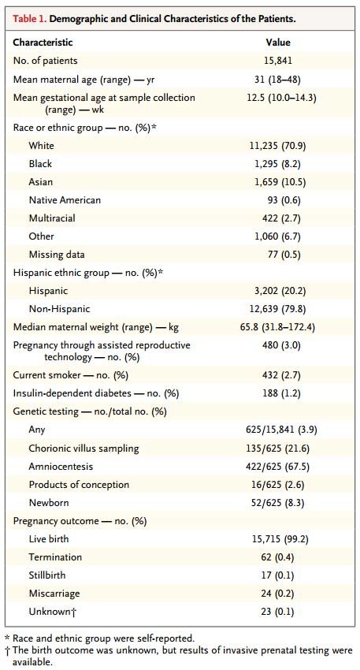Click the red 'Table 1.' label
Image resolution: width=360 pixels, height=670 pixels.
click(x=30, y=19)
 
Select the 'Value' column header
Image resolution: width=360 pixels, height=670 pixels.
click(x=278, y=43)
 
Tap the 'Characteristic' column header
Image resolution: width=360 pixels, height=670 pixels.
click(x=43, y=43)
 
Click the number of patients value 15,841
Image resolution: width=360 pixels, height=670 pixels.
click(x=278, y=60)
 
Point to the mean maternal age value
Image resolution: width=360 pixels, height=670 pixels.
click(x=278, y=79)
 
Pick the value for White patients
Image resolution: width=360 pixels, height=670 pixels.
click(x=278, y=146)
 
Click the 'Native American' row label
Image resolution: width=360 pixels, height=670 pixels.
click(x=65, y=200)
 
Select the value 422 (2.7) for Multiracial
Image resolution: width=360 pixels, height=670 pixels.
click(x=281, y=218)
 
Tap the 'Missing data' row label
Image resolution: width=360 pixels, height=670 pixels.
click(x=57, y=255)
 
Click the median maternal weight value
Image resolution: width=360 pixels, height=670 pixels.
click(x=278, y=327)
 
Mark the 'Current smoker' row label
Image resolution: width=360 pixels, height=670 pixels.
click(x=70, y=375)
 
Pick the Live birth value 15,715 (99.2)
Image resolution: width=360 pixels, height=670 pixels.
click(x=280, y=539)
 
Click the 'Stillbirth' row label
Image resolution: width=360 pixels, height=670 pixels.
click(x=47, y=575)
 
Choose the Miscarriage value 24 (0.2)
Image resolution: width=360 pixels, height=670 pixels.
click(x=277, y=594)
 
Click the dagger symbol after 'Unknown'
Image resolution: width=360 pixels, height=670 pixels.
click(x=74, y=612)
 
